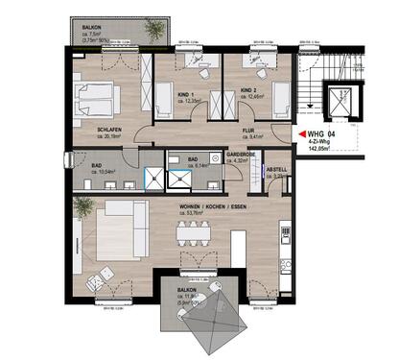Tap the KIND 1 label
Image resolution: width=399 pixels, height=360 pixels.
coord(185,94)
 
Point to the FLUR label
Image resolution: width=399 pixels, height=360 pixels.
coord(247,130)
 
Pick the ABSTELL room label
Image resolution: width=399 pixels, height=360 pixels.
coord(277,169)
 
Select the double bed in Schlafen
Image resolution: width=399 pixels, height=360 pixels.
coord(103,97)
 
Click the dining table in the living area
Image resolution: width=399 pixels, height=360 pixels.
coord(196,231)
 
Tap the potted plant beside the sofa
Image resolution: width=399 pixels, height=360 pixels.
coord(83,205)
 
